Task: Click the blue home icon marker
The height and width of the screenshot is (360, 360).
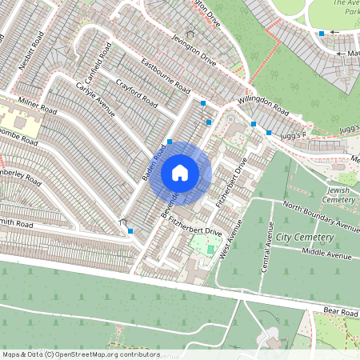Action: [180, 172]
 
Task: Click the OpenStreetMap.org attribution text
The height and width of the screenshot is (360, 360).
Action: [104, 354]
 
